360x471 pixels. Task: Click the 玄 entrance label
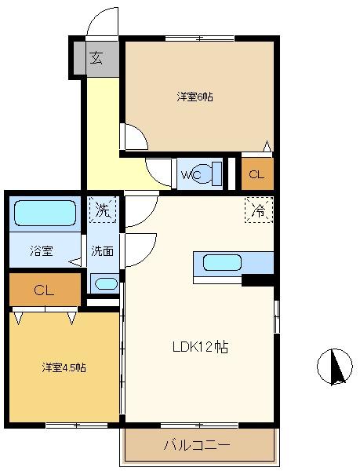(97, 58)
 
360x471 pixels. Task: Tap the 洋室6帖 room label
(195, 97)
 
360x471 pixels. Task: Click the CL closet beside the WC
(257, 174)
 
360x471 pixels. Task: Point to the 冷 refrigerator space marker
(259, 210)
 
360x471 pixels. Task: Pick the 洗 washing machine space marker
(103, 210)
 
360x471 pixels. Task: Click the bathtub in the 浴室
(45, 213)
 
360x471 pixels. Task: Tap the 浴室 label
(42, 251)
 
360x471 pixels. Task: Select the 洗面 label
(102, 251)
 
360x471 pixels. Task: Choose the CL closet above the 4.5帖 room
(45, 290)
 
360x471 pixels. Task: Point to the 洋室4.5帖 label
(64, 367)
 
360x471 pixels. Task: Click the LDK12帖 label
(200, 347)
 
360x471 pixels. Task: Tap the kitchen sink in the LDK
(222, 263)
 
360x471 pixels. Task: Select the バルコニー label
(197, 444)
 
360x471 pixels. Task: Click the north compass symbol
(335, 366)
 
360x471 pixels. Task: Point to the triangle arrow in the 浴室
(75, 262)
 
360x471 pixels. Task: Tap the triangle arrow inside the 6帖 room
(267, 146)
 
